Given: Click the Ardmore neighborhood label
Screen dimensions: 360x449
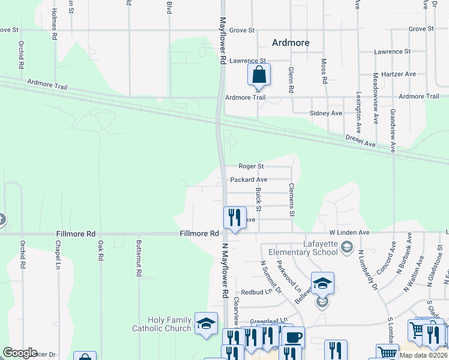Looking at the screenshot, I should click(x=290, y=43).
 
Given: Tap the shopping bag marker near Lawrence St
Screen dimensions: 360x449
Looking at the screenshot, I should click(x=259, y=76).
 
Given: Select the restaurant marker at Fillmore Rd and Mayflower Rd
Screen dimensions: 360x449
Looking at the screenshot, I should click(x=234, y=218).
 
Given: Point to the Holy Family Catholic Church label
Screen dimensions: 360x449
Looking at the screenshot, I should click(x=169, y=324).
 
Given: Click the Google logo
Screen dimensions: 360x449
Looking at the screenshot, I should click(x=20, y=353).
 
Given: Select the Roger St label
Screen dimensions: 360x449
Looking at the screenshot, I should click(x=251, y=166).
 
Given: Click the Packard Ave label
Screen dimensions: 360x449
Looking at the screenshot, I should click(x=249, y=179).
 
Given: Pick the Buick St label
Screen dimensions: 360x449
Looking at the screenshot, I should click(x=259, y=200).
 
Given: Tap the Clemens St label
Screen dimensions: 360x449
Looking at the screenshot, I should click(x=292, y=200).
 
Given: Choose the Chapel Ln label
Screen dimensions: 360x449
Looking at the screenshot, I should click(x=58, y=255).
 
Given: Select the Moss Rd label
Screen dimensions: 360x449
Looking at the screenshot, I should click(x=324, y=71).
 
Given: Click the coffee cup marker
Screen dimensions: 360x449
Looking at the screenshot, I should click(x=293, y=338).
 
